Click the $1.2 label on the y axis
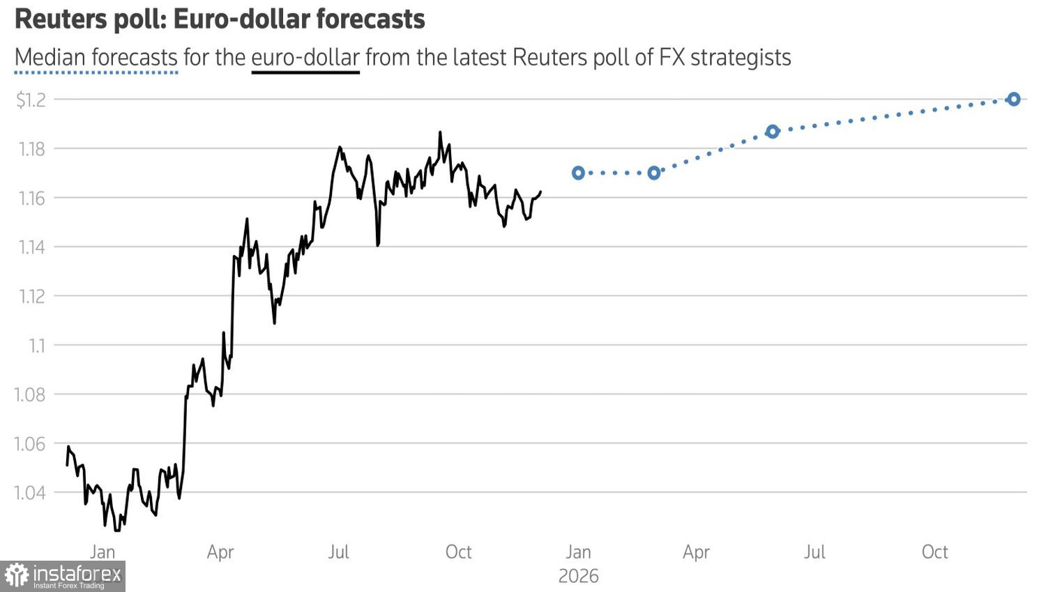pyautogui.click(x=31, y=100)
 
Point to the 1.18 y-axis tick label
pyautogui.click(x=31, y=149)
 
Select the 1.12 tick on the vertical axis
pyautogui.click(x=31, y=297)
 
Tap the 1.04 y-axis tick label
pyautogui.click(x=30, y=493)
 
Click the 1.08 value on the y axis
pyautogui.click(x=30, y=395)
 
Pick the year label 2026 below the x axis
pyautogui.click(x=578, y=576)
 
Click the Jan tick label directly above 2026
pyautogui.click(x=578, y=552)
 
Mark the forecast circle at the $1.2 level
pyautogui.click(x=1014, y=100)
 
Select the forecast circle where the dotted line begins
pyautogui.click(x=578, y=173)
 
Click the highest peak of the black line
pyautogui.click(x=440, y=132)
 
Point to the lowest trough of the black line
pyautogui.click(x=116, y=530)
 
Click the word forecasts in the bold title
pyautogui.click(x=370, y=19)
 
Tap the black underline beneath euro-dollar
pyautogui.click(x=305, y=72)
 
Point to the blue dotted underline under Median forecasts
pyautogui.click(x=96, y=72)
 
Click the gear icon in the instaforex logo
pyautogui.click(x=16, y=575)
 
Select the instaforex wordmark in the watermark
pyautogui.click(x=77, y=574)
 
